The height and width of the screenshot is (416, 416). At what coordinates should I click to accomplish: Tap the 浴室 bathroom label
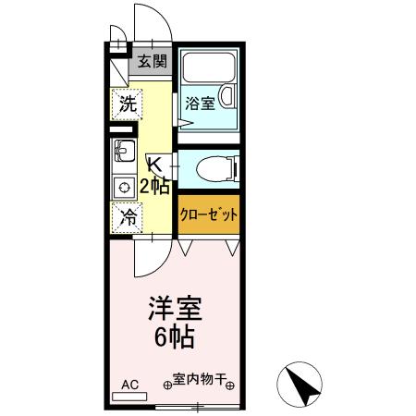201,103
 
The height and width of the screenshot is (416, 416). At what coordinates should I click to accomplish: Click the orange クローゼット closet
209,214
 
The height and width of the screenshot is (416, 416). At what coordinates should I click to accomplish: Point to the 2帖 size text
154,186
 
